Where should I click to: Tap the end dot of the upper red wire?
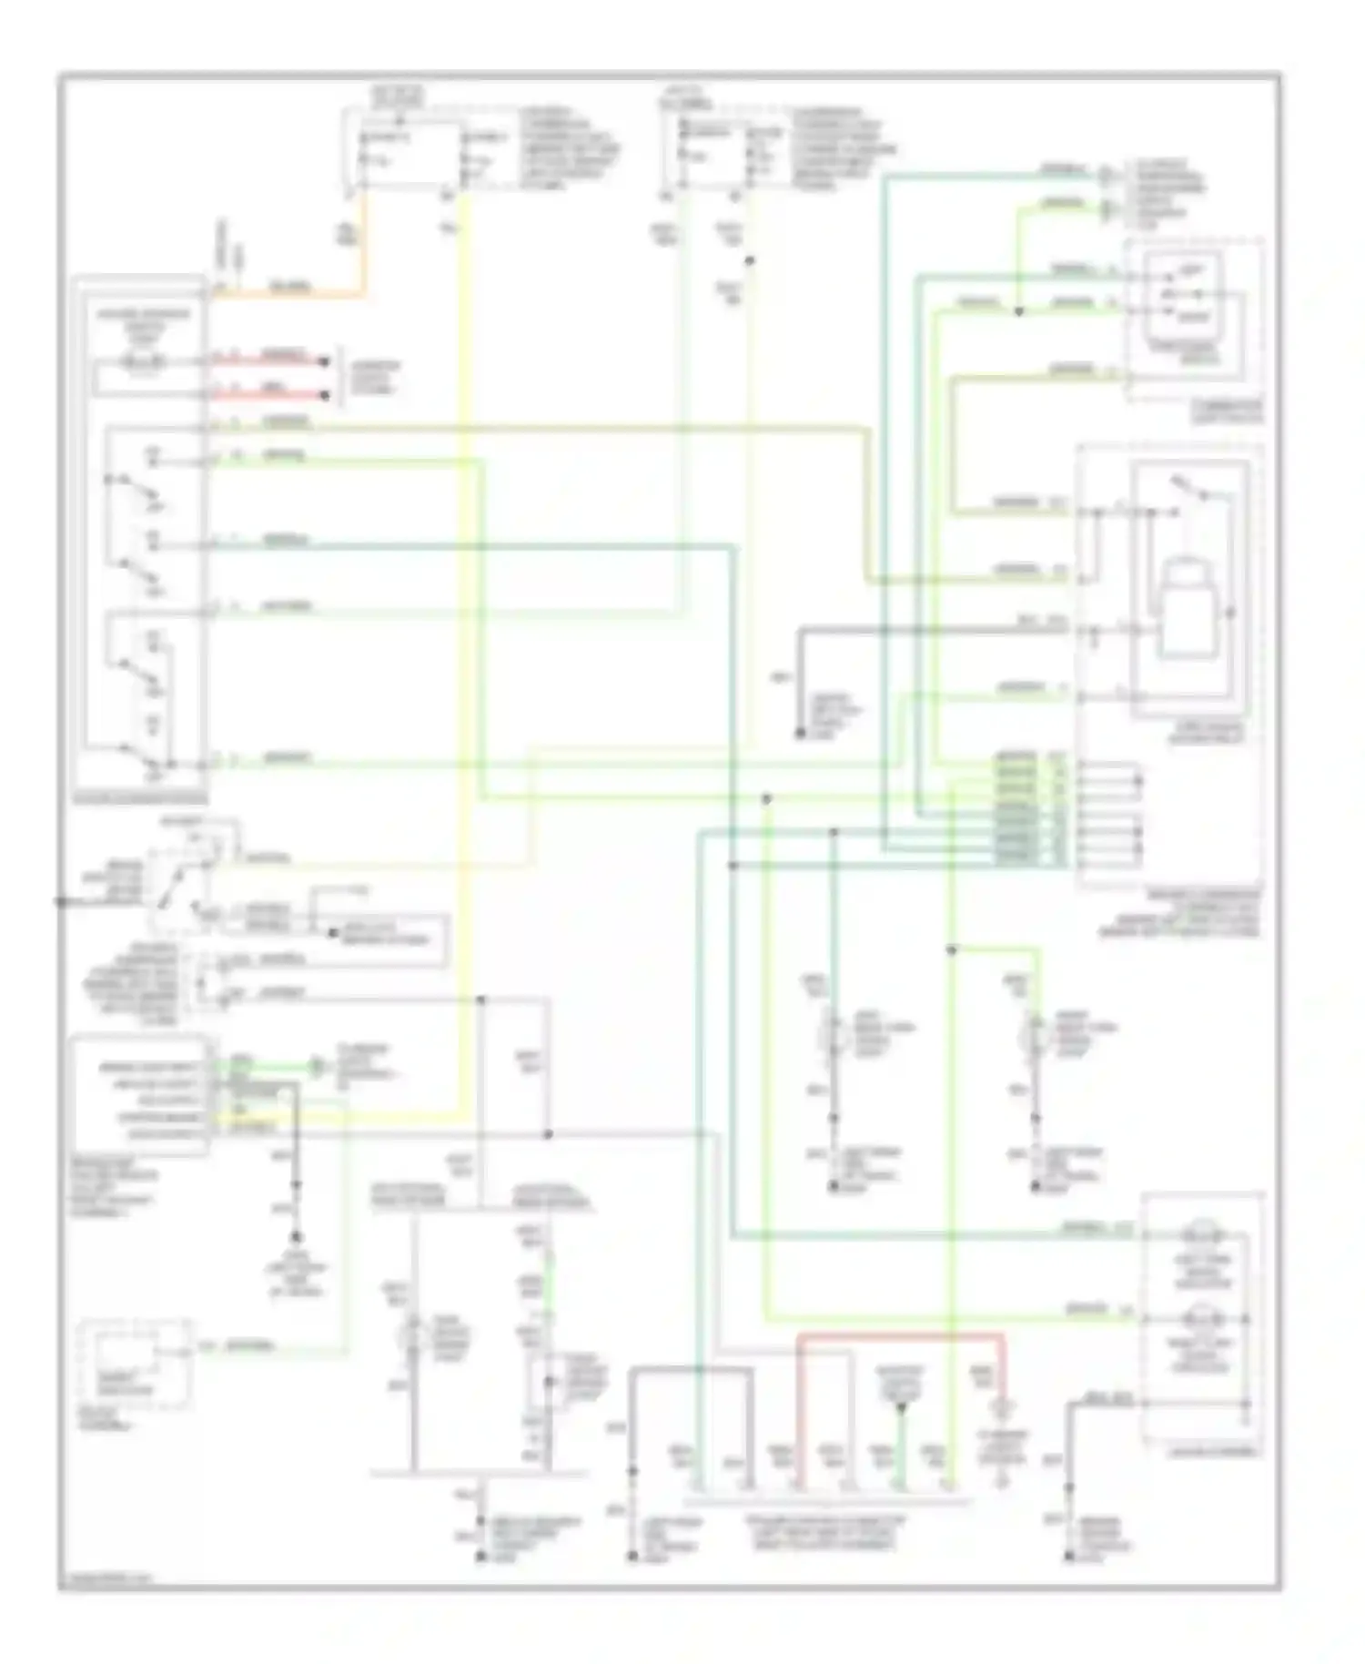(x=324, y=361)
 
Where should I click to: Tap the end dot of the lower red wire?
(x=324, y=395)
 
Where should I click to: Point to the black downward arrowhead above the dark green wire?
(x=902, y=1409)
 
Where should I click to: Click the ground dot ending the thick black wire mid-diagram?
(x=801, y=733)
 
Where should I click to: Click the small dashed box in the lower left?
(x=136, y=1362)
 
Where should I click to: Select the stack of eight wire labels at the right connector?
(x=1017, y=807)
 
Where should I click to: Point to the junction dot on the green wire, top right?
(x=1018, y=311)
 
